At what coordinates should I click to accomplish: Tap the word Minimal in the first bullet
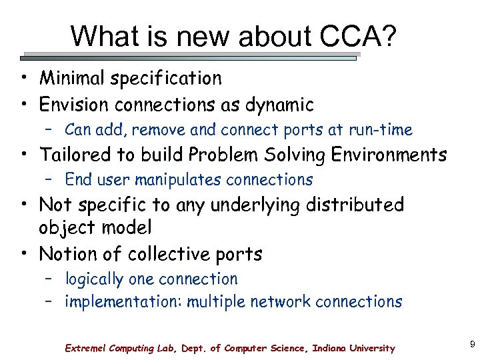click(x=73, y=78)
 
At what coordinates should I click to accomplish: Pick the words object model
click(x=95, y=227)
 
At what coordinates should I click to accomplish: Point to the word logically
click(x=94, y=279)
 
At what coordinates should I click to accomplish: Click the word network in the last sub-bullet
click(x=280, y=301)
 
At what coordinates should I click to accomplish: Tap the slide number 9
click(x=472, y=344)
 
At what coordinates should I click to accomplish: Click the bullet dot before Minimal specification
click(x=23, y=79)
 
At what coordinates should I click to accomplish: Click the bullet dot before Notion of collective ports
click(x=23, y=255)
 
